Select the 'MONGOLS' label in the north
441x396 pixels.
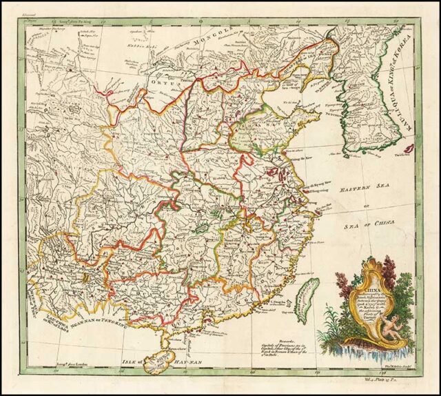coord(218,41)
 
